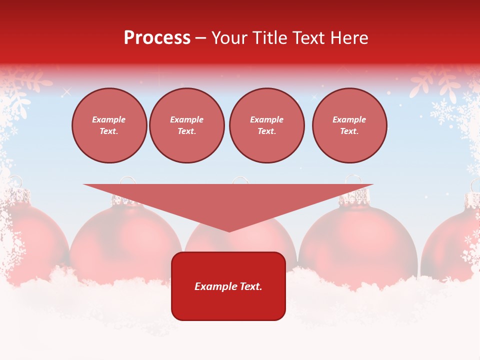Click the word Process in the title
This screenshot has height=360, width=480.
point(157,38)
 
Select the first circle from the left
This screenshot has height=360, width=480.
point(109,125)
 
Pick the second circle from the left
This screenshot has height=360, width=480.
point(186,125)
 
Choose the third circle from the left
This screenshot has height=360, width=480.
point(266,125)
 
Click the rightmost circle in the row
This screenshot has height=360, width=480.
point(349,125)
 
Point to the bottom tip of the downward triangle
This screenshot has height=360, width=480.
point(229,231)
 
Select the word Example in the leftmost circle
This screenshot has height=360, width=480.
point(109,119)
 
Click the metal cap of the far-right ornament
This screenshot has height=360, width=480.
point(472,200)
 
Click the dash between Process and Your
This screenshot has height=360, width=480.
point(200,38)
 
